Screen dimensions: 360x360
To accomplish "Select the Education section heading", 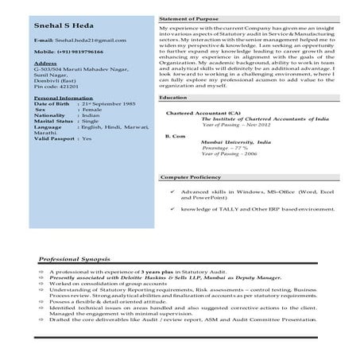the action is click(x=172, y=97).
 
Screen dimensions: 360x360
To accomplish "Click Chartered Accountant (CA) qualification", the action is click(x=197, y=112).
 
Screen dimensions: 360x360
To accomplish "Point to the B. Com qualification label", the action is click(x=174, y=137).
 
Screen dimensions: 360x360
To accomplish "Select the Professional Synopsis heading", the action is click(x=75, y=260).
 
